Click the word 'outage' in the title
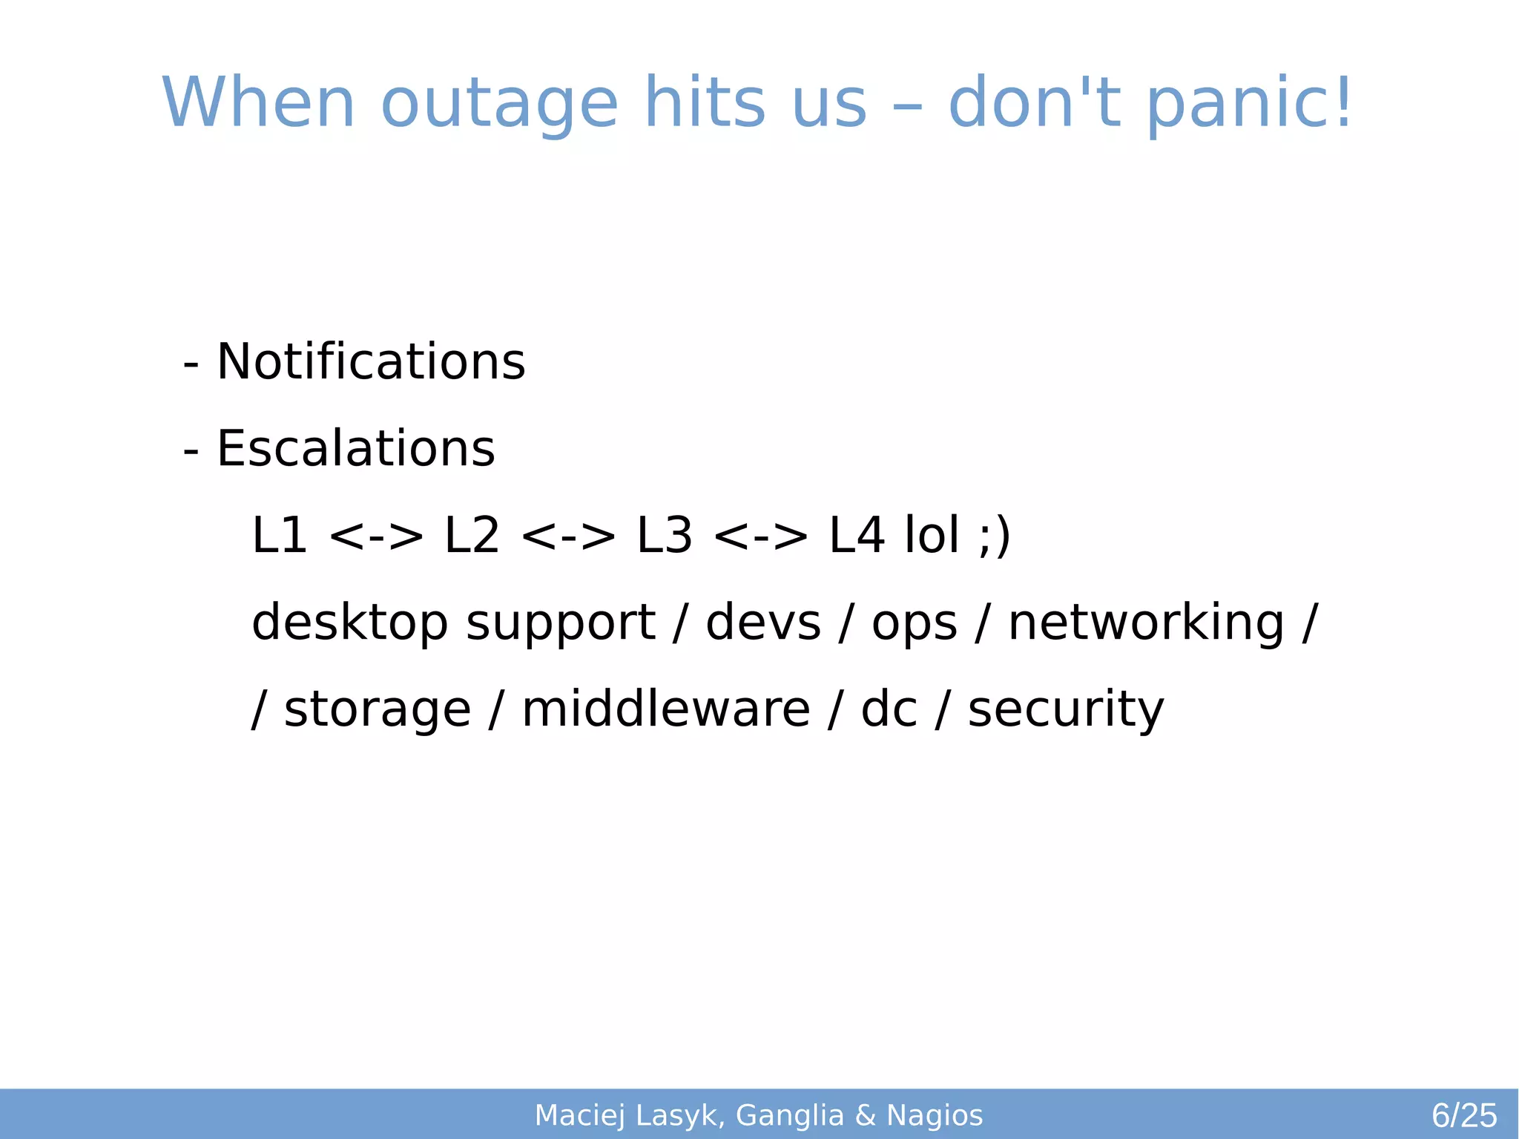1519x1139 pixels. (x=499, y=104)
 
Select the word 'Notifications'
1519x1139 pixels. (x=371, y=362)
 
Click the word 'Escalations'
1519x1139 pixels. (x=355, y=449)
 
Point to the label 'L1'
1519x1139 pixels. (x=280, y=536)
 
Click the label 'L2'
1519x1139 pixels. (x=472, y=536)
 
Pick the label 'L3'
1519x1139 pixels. (x=665, y=536)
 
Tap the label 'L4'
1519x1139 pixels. (x=857, y=536)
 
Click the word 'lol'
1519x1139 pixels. (x=932, y=536)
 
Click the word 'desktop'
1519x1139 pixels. (x=349, y=623)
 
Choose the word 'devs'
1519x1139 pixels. (x=763, y=623)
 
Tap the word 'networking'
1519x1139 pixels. (x=1146, y=623)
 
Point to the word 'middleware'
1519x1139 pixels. (x=666, y=709)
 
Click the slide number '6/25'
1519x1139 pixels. (x=1464, y=1115)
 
